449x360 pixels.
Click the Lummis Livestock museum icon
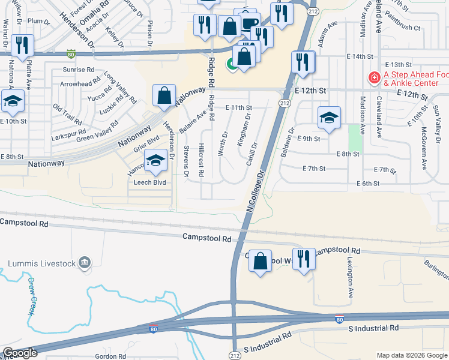[85, 262]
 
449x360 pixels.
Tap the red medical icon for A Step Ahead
[373, 77]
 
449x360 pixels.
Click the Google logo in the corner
[20, 353]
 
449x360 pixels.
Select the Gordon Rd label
[109, 356]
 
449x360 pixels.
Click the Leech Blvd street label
[149, 182]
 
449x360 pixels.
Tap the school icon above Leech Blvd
[155, 160]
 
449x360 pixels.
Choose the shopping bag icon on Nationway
[164, 95]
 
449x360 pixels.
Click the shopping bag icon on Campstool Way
[260, 260]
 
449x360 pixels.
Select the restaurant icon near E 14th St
[303, 62]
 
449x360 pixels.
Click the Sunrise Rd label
[79, 70]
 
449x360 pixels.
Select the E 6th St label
[367, 183]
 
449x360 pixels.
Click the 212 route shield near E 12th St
[282, 103]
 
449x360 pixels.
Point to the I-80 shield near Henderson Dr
[71, 53]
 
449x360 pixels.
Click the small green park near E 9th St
[356, 137]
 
